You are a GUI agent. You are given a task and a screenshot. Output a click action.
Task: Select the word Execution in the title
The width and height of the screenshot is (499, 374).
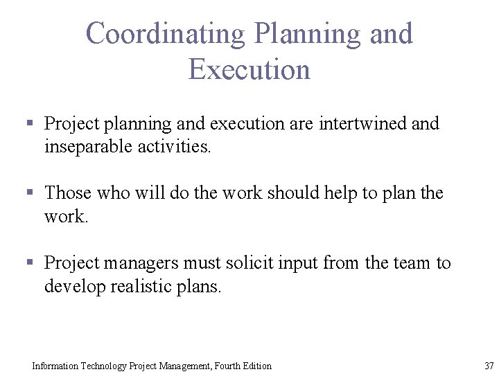[x=249, y=70]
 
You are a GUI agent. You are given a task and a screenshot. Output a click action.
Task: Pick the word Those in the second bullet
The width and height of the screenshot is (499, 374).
[x=68, y=193]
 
